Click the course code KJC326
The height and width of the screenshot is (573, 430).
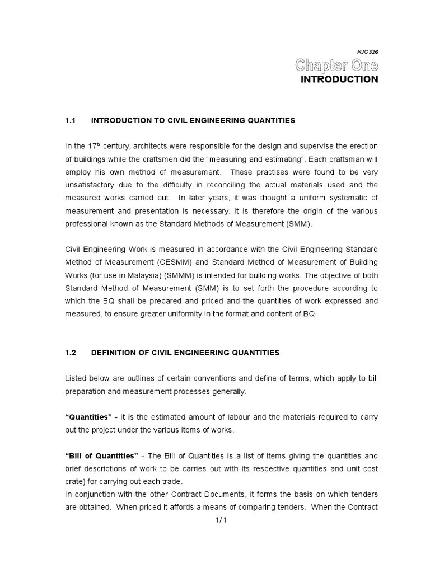click(367, 51)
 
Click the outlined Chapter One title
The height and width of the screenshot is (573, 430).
click(336, 65)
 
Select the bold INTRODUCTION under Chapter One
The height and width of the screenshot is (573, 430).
click(339, 79)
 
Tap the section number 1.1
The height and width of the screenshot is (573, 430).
click(70, 120)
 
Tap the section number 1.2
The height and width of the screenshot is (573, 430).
click(70, 353)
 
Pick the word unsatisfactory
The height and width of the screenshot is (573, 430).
click(91, 185)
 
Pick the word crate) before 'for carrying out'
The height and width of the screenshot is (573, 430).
click(76, 482)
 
